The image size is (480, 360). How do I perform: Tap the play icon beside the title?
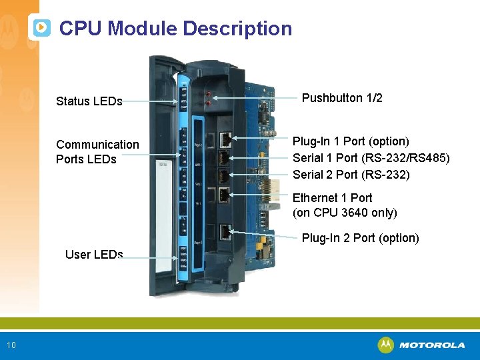coord(41,28)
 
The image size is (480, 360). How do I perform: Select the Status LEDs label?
coord(89,101)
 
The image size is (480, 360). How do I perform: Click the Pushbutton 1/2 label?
coord(342,98)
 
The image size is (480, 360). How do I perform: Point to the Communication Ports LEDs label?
coord(97,152)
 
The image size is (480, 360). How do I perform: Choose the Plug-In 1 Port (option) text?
coord(351,141)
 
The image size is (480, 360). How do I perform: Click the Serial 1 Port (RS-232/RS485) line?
coord(371,158)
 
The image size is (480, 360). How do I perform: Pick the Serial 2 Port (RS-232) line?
coord(351,175)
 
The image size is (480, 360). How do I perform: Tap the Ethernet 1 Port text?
coord(332,198)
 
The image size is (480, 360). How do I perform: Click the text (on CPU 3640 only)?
coord(345,213)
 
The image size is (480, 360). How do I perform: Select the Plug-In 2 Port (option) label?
coord(360,238)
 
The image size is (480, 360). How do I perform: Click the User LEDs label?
coord(94,254)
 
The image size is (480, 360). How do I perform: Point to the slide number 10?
coord(11,345)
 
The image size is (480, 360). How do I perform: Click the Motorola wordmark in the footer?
coord(432,345)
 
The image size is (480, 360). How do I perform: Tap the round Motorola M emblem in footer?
coord(385,345)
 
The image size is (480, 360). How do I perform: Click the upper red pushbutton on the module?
coord(208,94)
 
